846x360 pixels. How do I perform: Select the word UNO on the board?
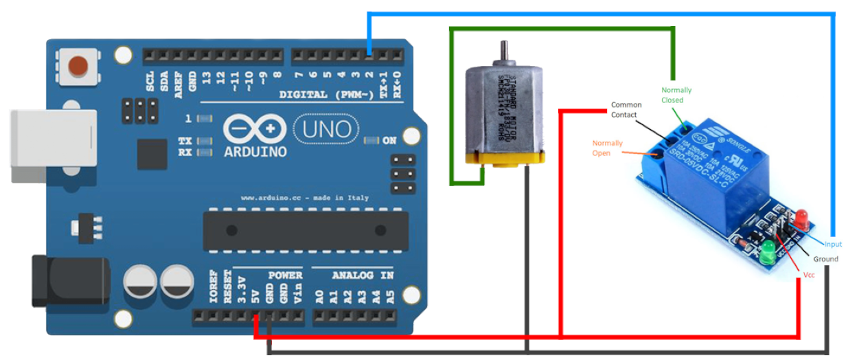tap(326, 128)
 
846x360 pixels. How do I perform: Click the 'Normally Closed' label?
tap(676, 95)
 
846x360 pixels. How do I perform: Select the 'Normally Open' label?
tap(607, 148)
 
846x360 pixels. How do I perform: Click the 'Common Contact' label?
tap(626, 110)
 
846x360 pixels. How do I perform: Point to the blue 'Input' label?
tap(832, 244)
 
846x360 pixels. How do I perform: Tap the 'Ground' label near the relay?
tap(825, 259)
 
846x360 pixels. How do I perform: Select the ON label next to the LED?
tap(389, 141)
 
